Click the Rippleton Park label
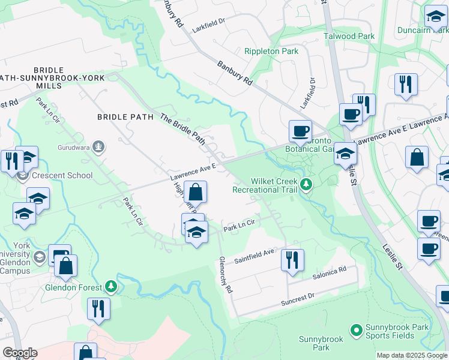[x=271, y=52]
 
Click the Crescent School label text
[x=63, y=175]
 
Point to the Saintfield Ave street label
[x=254, y=257]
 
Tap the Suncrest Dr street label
[x=298, y=297]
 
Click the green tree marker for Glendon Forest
[x=110, y=287]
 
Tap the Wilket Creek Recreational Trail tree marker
[x=307, y=184]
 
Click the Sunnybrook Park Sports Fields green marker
[x=356, y=329]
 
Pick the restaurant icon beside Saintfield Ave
[x=292, y=260]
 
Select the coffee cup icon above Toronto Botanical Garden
[x=300, y=130]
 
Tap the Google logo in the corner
[x=19, y=353]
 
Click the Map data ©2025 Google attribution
[x=412, y=355]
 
